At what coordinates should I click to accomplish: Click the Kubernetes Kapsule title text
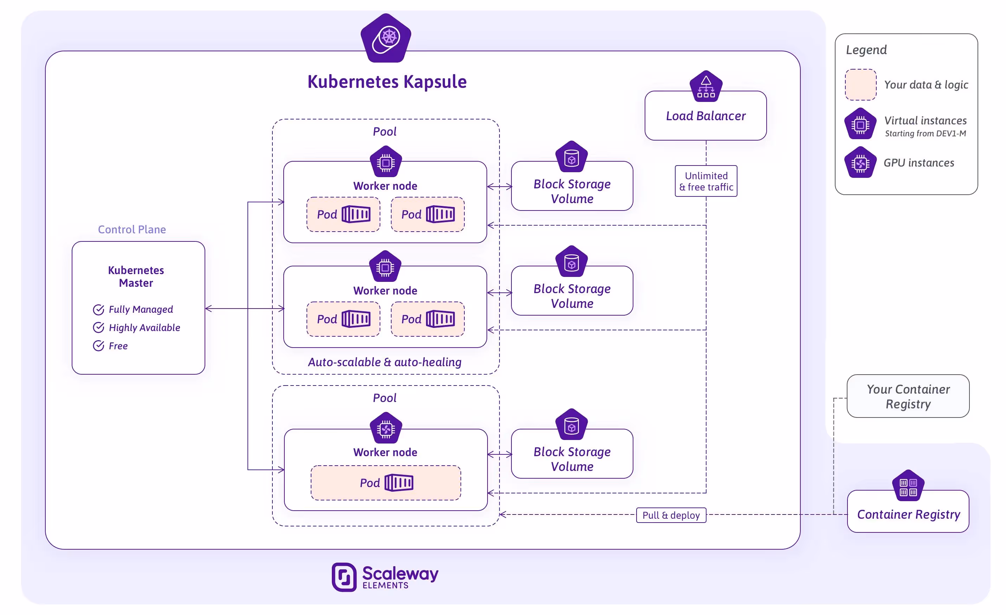(387, 82)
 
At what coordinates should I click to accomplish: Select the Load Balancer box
(705, 116)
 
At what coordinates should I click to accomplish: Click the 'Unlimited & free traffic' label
(706, 181)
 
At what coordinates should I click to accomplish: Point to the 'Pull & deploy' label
(671, 515)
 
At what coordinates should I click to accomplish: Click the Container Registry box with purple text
(908, 514)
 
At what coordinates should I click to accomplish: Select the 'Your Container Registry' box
(908, 396)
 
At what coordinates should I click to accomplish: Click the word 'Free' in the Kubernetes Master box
(118, 346)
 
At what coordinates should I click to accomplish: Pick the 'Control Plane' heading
(131, 229)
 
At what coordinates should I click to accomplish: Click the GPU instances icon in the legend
(860, 163)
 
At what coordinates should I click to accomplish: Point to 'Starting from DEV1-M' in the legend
(925, 134)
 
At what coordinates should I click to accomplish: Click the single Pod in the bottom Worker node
(386, 483)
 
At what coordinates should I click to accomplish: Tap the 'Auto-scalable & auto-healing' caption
(385, 362)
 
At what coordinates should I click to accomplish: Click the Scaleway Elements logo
(385, 577)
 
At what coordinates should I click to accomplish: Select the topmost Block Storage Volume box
(572, 190)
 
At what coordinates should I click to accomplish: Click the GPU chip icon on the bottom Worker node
(386, 428)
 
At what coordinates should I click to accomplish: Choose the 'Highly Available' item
(144, 328)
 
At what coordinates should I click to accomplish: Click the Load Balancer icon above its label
(706, 86)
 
